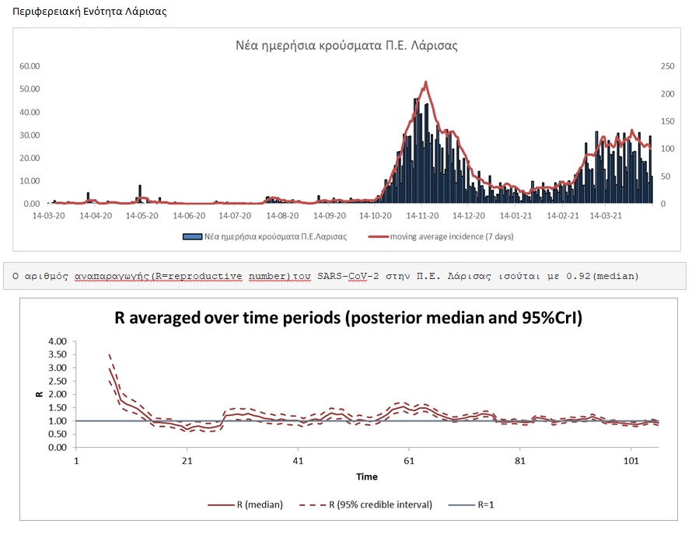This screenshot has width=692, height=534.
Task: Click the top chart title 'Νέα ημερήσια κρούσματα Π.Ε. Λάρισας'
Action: click(x=347, y=45)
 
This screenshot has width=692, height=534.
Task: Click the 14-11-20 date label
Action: click(x=422, y=215)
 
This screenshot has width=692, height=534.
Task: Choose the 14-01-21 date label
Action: click(x=516, y=215)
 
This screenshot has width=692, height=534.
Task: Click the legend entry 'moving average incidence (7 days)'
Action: click(x=451, y=236)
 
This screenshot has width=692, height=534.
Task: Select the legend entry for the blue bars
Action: click(x=264, y=236)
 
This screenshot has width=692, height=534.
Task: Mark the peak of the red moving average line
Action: click(x=426, y=82)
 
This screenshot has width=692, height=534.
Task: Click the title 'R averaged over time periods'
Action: click(x=347, y=318)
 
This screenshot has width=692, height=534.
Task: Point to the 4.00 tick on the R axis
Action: click(x=57, y=342)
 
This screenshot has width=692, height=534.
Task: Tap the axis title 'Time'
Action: click(x=367, y=476)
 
